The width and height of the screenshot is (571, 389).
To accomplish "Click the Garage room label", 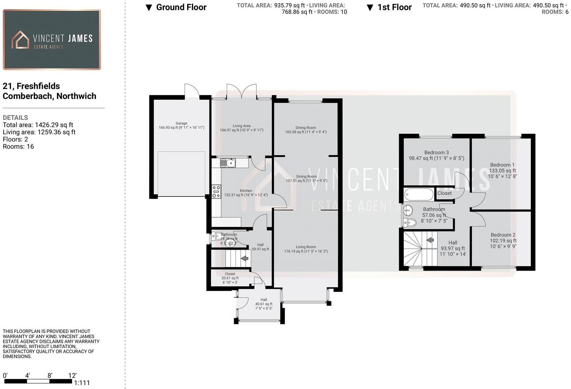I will tap(181, 125).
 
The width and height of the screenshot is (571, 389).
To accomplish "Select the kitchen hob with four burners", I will tap(216, 192).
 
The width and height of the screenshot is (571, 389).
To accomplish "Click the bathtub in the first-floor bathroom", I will tap(419, 194).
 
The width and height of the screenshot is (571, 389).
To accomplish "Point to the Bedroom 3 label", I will tap(436, 152).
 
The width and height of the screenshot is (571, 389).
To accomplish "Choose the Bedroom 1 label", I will tap(502, 165).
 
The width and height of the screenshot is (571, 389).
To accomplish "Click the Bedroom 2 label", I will tap(503, 235).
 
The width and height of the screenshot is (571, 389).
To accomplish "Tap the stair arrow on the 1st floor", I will tap(430, 240).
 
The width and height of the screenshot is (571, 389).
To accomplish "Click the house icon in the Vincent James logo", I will tap(20, 40).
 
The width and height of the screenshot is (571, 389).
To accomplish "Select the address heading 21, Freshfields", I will tap(31, 86).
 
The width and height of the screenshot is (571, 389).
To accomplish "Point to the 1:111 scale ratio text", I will tap(82, 383).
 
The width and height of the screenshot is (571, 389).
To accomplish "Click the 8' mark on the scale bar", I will tap(49, 376).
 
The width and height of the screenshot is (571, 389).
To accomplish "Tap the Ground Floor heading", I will tap(181, 7).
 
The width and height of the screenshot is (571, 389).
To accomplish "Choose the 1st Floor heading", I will tap(394, 7).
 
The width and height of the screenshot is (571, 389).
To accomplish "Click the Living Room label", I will tap(306, 247).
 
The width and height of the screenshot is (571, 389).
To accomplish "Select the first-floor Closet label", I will tap(444, 193).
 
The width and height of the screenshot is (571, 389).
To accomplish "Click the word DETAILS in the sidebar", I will tap(15, 118).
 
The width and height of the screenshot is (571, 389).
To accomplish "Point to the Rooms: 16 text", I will tap(18, 147).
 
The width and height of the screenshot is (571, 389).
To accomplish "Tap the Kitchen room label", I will tap(246, 191).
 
